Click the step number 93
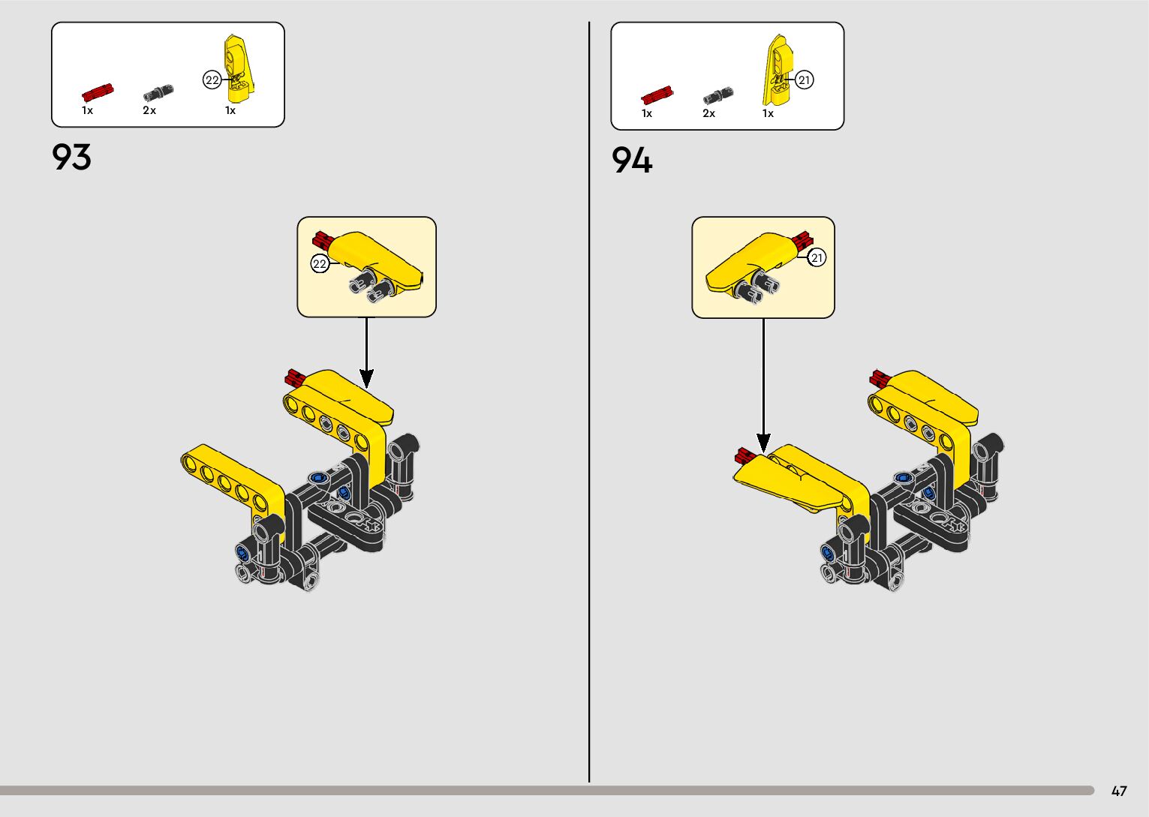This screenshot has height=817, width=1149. click(x=71, y=158)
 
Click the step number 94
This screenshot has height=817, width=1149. click(x=631, y=160)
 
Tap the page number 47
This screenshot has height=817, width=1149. click(x=1119, y=791)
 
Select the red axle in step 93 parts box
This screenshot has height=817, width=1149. click(x=98, y=92)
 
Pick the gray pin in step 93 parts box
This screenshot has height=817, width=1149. click(x=158, y=93)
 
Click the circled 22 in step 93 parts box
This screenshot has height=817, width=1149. click(x=212, y=80)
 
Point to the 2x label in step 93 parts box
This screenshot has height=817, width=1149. click(x=149, y=110)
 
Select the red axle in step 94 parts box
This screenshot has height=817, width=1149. click(x=657, y=95)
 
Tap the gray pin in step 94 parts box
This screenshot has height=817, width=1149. click(x=717, y=95)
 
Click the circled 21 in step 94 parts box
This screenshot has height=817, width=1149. click(x=805, y=80)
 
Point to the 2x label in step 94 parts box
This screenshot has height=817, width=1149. click(x=708, y=113)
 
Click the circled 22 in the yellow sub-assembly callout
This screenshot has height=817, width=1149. click(x=320, y=263)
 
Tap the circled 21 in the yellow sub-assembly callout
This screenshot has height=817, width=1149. click(x=817, y=257)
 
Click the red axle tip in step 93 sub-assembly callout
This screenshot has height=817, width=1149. click(x=321, y=240)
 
